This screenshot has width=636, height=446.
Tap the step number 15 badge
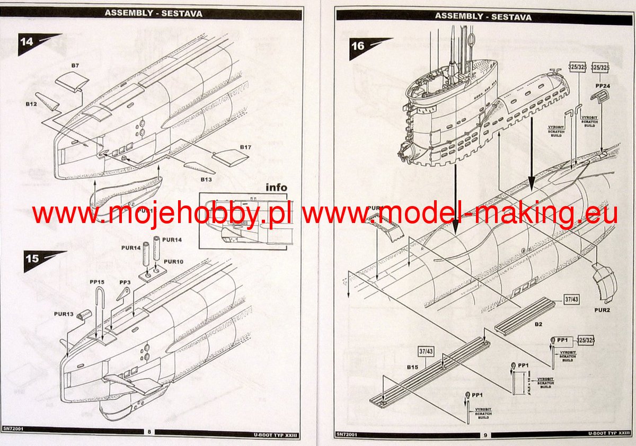pyautogui.click(x=32, y=259)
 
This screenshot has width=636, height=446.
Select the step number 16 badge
pyautogui.click(x=358, y=46)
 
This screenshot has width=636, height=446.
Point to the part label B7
pyautogui.click(x=75, y=66)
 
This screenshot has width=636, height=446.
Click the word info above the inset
pyautogui.click(x=276, y=187)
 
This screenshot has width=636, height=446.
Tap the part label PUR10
pyautogui.click(x=173, y=261)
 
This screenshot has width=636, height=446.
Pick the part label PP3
pyautogui.click(x=125, y=283)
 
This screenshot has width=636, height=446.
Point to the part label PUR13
pyautogui.click(x=64, y=314)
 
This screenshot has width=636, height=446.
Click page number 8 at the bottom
pyautogui.click(x=149, y=432)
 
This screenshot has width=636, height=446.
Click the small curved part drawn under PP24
pyautogui.click(x=600, y=97)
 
